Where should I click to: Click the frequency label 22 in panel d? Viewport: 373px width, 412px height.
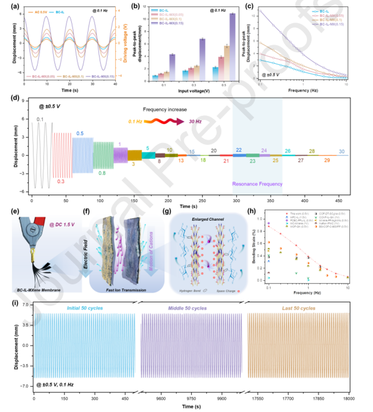click(x=239, y=149)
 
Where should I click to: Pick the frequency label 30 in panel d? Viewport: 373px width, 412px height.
click(x=342, y=152)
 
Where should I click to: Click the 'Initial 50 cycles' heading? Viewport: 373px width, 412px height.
click(x=86, y=308)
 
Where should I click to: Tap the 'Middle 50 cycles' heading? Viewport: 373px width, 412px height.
click(x=190, y=308)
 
